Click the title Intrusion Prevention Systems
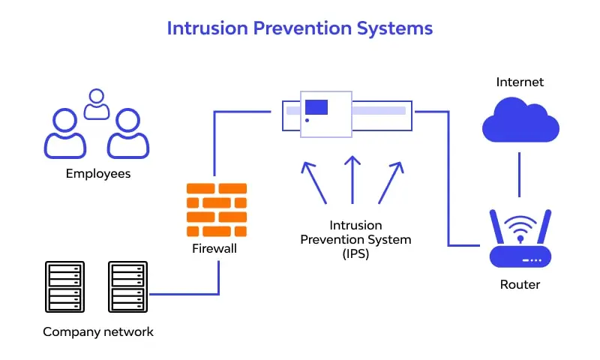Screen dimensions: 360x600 click(299, 28)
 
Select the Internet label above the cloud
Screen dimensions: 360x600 click(520, 82)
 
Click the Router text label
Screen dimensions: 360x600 click(520, 284)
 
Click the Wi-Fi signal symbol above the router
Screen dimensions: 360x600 click(520, 226)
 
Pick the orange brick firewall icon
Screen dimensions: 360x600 click(217, 208)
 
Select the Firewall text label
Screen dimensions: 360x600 click(214, 248)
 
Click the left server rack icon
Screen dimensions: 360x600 click(63, 287)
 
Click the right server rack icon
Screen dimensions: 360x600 click(126, 287)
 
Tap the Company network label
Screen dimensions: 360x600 click(98, 331)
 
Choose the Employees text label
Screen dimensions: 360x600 click(98, 173)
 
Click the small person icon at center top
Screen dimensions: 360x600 click(96, 104)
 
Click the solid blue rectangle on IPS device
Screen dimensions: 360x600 click(316, 106)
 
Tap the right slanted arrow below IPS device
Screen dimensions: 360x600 click(390, 181)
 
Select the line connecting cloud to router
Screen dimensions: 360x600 click(520, 173)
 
